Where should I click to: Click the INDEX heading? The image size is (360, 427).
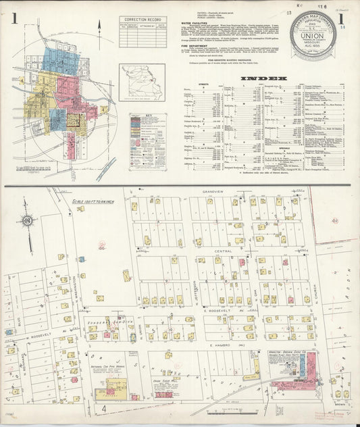(x=259, y=78)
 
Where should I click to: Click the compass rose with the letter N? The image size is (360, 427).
(x=26, y=220)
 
